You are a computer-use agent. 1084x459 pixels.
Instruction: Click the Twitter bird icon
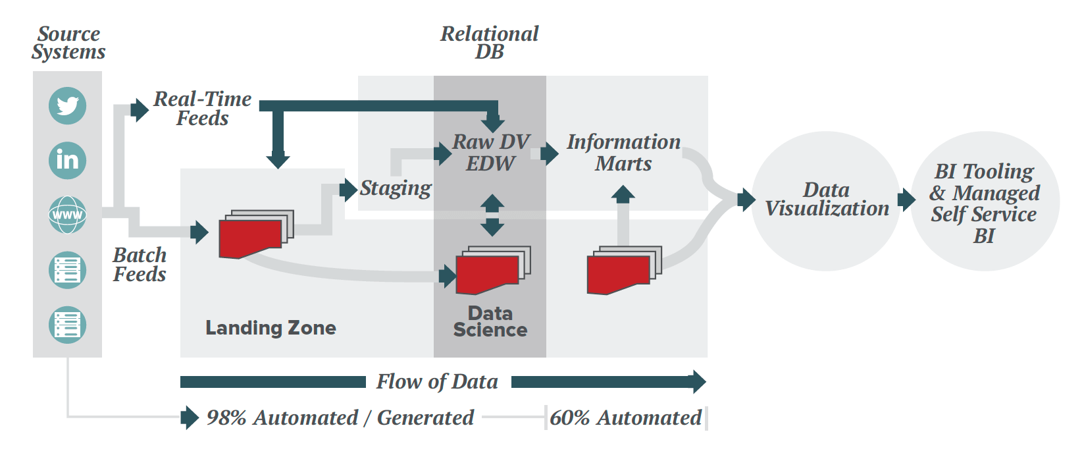pyautogui.click(x=67, y=105)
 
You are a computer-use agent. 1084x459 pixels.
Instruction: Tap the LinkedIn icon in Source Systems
pyautogui.click(x=67, y=160)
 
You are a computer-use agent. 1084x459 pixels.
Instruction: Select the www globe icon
pyautogui.click(x=67, y=215)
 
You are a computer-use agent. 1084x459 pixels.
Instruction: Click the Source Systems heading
pyautogui.click(x=68, y=43)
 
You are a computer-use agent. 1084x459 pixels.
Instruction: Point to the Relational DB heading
pyautogui.click(x=489, y=43)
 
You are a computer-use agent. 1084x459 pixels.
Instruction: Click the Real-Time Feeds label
pyautogui.click(x=202, y=109)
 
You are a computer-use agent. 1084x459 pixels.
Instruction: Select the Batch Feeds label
pyautogui.click(x=140, y=265)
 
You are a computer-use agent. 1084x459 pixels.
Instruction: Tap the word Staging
pyautogui.click(x=396, y=189)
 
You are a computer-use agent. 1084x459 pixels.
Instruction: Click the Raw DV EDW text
pyautogui.click(x=490, y=153)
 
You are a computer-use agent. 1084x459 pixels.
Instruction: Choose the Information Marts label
pyautogui.click(x=623, y=153)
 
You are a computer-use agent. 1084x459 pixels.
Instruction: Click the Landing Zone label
pyautogui.click(x=271, y=328)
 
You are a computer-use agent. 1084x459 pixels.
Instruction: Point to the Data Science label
pyautogui.click(x=490, y=321)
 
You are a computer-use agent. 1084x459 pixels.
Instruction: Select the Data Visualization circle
pyautogui.click(x=826, y=200)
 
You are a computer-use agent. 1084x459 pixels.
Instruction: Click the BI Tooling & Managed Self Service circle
pyautogui.click(x=985, y=203)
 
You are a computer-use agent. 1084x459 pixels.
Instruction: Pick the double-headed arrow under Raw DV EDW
pyautogui.click(x=492, y=215)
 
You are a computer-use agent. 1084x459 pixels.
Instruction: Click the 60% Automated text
pyautogui.click(x=625, y=418)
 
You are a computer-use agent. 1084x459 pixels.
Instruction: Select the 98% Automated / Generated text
pyautogui.click(x=340, y=418)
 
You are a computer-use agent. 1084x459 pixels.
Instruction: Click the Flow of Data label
pyautogui.click(x=437, y=382)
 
